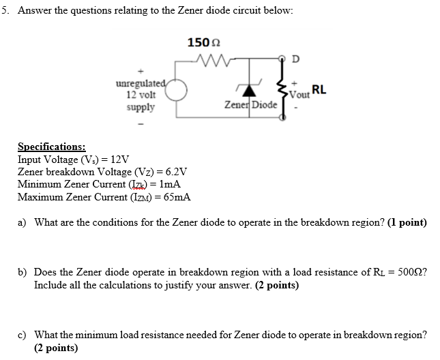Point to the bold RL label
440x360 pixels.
click(319, 89)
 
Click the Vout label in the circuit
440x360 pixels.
click(299, 95)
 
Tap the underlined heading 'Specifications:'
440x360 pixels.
click(52, 147)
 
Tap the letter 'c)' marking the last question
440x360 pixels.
click(23, 335)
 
